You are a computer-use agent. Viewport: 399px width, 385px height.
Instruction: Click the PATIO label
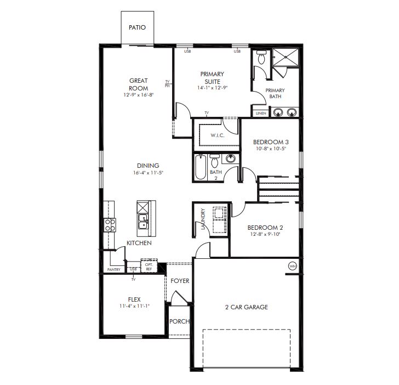click(137, 27)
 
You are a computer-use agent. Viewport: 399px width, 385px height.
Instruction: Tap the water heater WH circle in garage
click(293, 266)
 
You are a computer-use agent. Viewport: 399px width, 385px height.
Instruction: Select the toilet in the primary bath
click(261, 57)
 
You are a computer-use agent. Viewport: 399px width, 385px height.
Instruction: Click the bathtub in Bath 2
click(201, 167)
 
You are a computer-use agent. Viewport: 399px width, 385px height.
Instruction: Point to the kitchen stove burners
click(110, 225)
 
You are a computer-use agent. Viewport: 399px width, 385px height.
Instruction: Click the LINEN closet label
click(261, 114)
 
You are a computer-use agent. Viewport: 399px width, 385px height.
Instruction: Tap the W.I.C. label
click(217, 135)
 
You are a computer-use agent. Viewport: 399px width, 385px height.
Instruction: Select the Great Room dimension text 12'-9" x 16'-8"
click(139, 95)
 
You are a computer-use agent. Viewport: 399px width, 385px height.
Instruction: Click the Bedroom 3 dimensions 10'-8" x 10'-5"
click(271, 149)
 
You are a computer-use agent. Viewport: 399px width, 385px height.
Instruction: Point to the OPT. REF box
click(149, 266)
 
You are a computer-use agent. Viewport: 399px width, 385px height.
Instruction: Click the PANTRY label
click(114, 269)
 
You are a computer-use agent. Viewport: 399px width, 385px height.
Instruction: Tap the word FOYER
click(180, 281)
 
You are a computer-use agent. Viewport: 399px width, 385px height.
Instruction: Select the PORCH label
click(179, 321)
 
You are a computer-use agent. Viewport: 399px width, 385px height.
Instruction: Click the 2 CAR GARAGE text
click(247, 307)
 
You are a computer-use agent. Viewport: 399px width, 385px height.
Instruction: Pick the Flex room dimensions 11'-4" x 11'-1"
click(134, 306)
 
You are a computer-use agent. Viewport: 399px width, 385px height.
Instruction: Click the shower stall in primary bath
click(285, 57)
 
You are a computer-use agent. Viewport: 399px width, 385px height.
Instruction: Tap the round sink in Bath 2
click(231, 158)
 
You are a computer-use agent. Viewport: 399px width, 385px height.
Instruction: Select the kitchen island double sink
click(142, 222)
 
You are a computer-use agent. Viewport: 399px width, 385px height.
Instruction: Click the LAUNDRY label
click(203, 219)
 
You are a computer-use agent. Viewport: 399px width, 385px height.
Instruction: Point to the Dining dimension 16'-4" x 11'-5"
click(148, 173)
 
